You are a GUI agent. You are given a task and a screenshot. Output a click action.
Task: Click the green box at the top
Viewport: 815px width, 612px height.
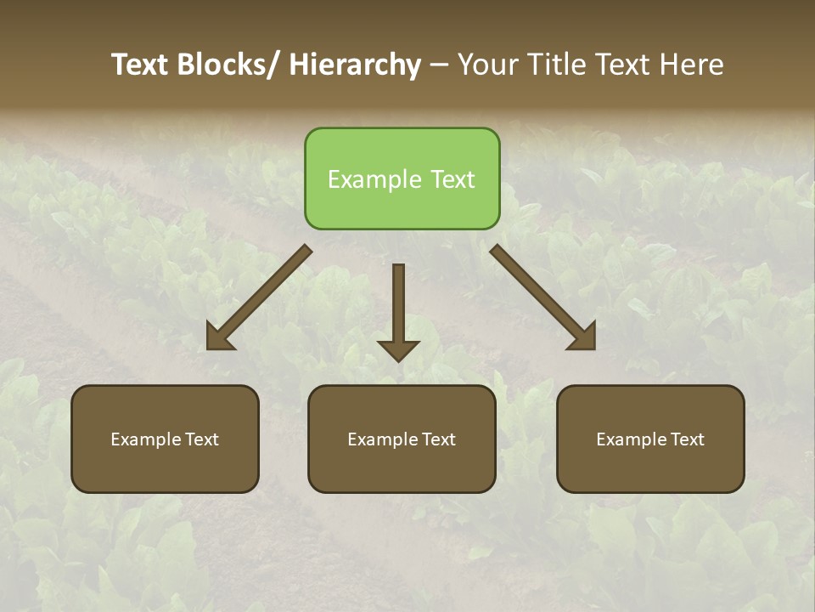point(402,178)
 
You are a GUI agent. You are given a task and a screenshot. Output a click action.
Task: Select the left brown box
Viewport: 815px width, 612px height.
point(165,439)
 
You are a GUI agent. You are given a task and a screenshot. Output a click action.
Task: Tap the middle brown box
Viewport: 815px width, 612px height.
point(402,439)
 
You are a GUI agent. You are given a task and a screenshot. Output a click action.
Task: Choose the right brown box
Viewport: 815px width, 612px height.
point(650,439)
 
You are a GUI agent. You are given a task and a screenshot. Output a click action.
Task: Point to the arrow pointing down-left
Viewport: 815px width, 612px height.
point(259,297)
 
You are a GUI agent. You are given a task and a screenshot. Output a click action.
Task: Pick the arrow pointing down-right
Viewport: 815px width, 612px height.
point(543,297)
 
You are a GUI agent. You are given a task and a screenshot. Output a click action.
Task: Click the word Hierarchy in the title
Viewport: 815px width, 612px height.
point(355,65)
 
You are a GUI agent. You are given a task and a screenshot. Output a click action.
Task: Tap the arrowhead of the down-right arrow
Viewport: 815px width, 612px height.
point(583,337)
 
